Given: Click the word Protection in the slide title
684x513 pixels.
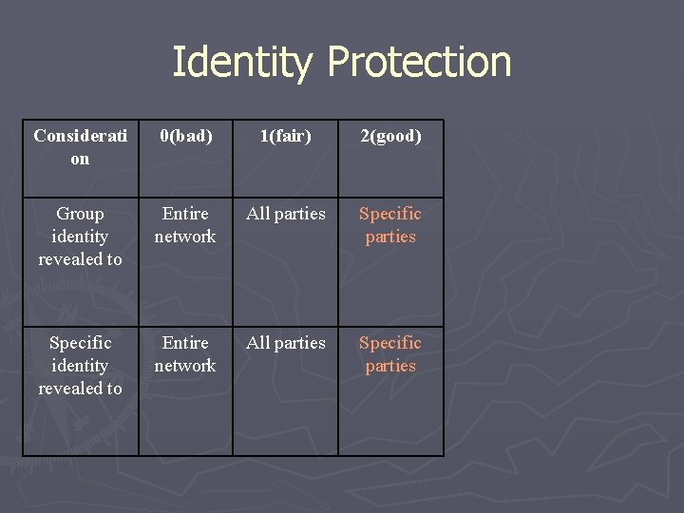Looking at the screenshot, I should (419, 63).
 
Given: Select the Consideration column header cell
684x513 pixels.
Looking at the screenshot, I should (81, 147).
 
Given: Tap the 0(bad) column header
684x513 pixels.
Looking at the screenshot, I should (185, 136).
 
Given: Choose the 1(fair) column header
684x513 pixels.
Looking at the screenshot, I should (286, 136).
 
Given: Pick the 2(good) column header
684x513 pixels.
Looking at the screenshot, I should (390, 136).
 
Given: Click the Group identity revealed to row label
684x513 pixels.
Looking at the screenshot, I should (81, 237).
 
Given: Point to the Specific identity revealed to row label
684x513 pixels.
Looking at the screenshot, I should (81, 366).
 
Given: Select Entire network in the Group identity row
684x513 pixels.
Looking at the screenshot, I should (185, 225).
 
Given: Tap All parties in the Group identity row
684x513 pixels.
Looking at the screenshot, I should (286, 214).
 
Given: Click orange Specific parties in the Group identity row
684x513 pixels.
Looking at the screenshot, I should (390, 225).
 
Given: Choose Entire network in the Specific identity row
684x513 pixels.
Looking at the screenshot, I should (185, 354).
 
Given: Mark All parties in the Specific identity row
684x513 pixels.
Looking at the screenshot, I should (286, 343).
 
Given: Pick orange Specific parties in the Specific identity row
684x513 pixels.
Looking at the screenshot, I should (390, 354).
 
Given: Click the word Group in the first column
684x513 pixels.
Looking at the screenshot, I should (81, 214).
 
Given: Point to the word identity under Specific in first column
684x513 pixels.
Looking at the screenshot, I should (81, 366).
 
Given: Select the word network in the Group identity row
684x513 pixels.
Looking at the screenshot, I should (185, 237).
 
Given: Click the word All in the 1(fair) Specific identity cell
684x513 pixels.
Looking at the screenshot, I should (260, 343).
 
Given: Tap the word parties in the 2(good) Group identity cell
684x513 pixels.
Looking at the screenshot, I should (390, 237).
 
